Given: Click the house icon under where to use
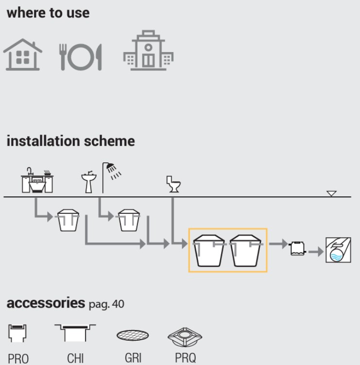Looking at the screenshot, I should [x=23, y=55].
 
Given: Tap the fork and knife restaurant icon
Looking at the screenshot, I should [x=81, y=57].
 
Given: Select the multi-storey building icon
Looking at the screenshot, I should [x=148, y=52].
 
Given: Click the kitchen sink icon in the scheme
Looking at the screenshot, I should [x=37, y=180].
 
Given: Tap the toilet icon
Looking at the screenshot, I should [x=173, y=185].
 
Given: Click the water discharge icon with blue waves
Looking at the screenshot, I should [x=338, y=250].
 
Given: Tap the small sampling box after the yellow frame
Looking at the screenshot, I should [x=297, y=249].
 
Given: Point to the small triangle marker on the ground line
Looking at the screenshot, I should [x=331, y=193].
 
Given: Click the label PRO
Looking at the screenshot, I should [x=18, y=359].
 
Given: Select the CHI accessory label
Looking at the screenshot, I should [x=75, y=359].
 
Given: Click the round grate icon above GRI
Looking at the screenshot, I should [x=133, y=336].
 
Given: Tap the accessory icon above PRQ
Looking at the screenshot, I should [x=185, y=336].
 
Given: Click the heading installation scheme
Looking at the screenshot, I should [x=71, y=141].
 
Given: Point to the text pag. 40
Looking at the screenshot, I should [x=106, y=304].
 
